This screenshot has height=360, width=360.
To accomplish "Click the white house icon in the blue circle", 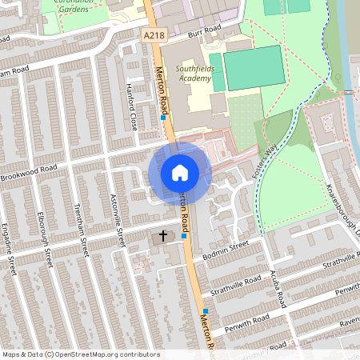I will pos(180,172).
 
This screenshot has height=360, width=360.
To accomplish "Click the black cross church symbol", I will pos(162,236).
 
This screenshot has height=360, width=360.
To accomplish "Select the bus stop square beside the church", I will pos(184,236).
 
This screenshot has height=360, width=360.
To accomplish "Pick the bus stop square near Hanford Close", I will pos(163,118).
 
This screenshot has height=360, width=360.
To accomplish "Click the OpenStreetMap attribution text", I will pos(80,354).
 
